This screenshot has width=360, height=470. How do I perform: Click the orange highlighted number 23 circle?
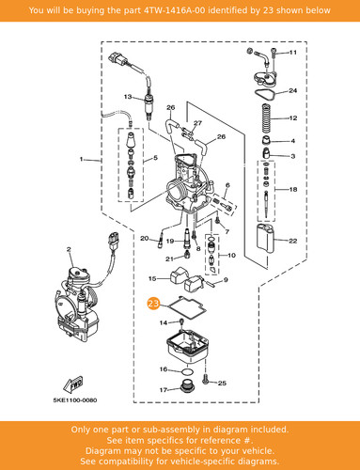tap(153, 304)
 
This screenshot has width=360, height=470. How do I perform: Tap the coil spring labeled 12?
tap(266, 118)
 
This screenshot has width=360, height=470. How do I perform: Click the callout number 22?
tap(292, 241)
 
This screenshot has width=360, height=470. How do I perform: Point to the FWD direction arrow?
tap(72, 384)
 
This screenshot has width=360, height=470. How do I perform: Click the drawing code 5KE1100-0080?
tap(75, 400)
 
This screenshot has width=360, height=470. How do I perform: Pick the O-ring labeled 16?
tap(188, 372)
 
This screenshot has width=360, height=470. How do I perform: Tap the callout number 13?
tap(128, 97)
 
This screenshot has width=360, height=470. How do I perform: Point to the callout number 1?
tap(82, 159)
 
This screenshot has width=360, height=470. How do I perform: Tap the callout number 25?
tap(222, 383)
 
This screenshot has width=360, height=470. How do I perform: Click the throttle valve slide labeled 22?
tap(266, 239)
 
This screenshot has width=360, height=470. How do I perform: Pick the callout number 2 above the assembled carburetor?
tap(69, 249)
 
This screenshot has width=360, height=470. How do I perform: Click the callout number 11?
tap(292, 52)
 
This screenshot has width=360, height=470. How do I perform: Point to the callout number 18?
tap(293, 189)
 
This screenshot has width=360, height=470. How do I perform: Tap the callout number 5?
tap(156, 158)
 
